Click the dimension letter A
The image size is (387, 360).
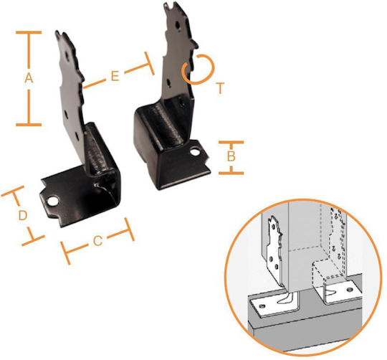tap(29, 78)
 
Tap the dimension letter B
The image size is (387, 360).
tap(231, 156)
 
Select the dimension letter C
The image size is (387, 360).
tap(98, 241)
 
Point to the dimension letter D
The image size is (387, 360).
tap(23, 215)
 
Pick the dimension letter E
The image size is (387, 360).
tap(115, 76)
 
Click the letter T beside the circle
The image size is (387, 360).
tap(220, 88)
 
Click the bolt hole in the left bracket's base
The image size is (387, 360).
tap(53, 202)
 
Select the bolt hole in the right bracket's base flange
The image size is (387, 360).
tap(195, 151)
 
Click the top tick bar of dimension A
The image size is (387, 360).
tap(29, 32)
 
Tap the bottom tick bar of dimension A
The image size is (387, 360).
tap(29, 125)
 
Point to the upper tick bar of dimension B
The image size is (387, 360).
tap(231, 142)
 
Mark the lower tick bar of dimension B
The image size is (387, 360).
tap(231, 173)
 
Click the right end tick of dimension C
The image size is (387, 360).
tap(130, 229)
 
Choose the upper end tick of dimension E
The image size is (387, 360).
tap(149, 63)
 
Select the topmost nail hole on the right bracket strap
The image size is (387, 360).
tap(178, 24)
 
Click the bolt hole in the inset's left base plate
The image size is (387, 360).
tap(262, 306)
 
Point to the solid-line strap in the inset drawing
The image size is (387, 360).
tap(275, 252)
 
